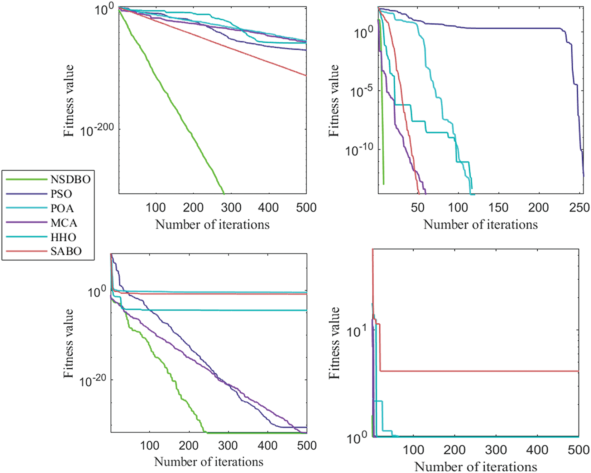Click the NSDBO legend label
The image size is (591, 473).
point(70,179)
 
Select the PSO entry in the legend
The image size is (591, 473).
point(61,194)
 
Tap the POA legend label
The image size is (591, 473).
point(62,208)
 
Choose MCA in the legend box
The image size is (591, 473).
point(64,223)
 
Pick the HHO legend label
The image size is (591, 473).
point(63,237)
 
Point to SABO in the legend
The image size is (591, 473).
point(66,251)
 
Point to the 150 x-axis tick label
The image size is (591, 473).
point(498,208)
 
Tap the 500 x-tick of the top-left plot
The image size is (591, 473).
point(306,208)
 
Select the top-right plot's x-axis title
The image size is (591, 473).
point(480,224)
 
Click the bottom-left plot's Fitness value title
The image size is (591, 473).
point(68,343)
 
